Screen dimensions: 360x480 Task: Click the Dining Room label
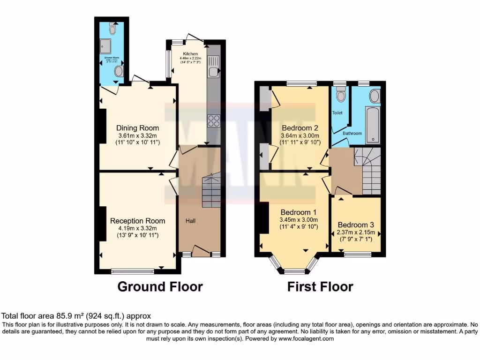[137, 128]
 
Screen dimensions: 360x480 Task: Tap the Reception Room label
[137, 221]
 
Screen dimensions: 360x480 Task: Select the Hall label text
[190, 221]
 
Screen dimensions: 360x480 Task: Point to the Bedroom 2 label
[300, 128]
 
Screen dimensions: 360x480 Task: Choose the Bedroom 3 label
[356, 224]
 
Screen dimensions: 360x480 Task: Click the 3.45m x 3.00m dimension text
[299, 220]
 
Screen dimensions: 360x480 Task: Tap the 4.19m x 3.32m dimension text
[137, 228]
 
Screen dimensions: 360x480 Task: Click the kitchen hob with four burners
[214, 120]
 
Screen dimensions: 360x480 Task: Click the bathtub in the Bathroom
[373, 124]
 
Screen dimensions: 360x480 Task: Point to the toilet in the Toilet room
[341, 94]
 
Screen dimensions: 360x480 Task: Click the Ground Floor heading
[160, 286]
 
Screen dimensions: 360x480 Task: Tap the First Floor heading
[320, 286]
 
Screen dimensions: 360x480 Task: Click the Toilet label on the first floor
[337, 113]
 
